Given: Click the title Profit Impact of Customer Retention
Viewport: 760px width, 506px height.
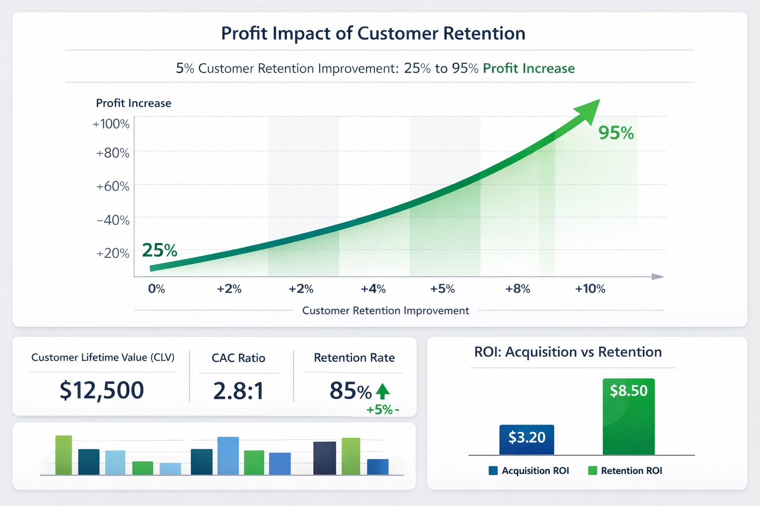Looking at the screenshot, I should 373,34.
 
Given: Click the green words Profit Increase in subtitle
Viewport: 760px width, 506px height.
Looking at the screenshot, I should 528,68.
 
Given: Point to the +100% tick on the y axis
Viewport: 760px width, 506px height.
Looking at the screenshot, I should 111,124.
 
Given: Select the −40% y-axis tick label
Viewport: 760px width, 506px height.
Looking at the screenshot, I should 113,220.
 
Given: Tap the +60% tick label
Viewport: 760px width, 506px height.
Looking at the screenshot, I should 113,187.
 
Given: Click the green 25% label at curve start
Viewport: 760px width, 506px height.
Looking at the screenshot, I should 159,251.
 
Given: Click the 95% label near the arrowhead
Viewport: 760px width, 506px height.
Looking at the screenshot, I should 616,133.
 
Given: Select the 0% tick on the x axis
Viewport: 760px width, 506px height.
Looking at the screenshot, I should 156,289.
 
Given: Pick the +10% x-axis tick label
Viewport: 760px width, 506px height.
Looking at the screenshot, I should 590,289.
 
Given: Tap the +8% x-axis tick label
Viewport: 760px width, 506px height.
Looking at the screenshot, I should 518,289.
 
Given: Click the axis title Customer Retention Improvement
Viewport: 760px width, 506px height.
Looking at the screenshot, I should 385,311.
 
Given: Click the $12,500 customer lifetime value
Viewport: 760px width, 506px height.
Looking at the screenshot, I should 102,390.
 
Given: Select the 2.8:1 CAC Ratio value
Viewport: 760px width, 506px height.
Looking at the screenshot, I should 238,391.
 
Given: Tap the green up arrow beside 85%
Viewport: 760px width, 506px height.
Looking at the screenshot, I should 382,391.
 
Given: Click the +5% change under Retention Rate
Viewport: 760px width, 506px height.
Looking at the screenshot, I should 380,410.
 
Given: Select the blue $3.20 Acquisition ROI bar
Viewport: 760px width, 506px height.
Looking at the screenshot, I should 526,439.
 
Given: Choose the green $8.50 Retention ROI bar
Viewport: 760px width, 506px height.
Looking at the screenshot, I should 628,417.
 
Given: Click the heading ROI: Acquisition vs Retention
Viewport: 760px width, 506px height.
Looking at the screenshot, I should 568,352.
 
